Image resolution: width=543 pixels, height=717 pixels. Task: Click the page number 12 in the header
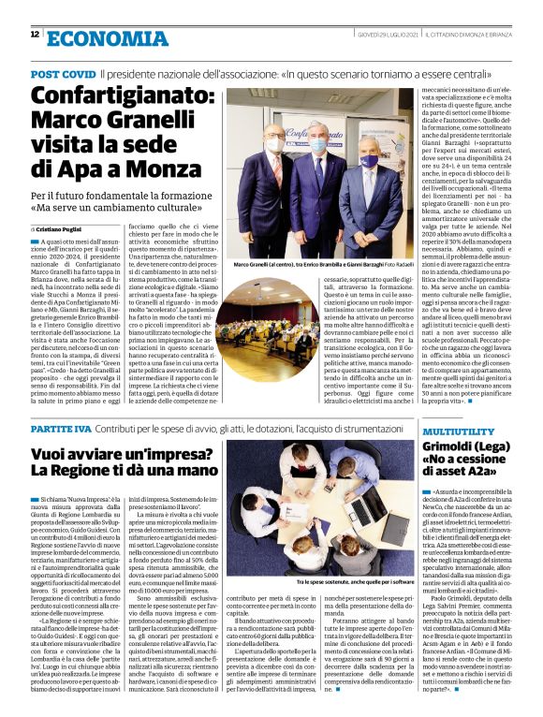click(x=35, y=34)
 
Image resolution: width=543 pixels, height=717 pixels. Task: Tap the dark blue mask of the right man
click(x=370, y=161)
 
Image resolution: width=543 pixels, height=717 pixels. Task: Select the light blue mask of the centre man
click(x=317, y=146)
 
